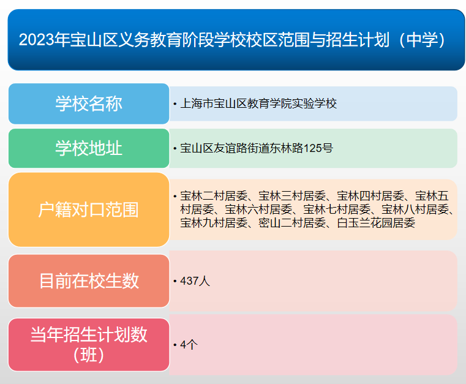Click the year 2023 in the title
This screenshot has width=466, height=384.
coord(36,40)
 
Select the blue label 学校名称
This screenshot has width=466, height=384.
coord(89,104)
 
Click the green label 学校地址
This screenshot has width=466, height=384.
coord(89,148)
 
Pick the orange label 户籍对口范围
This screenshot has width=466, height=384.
coord(89,210)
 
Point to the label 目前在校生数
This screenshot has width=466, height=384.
coord(89,281)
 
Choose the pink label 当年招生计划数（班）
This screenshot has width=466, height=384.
coord(89,344)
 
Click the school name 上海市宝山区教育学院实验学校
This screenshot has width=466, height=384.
coord(258,104)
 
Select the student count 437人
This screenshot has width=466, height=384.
coord(195,281)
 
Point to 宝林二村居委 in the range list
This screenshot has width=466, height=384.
coord(214,197)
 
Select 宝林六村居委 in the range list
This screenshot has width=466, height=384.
coord(258,210)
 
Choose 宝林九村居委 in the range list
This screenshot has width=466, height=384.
coord(214,224)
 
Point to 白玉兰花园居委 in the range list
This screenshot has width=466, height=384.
coord(376,224)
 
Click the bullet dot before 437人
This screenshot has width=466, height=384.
coord(175,282)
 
